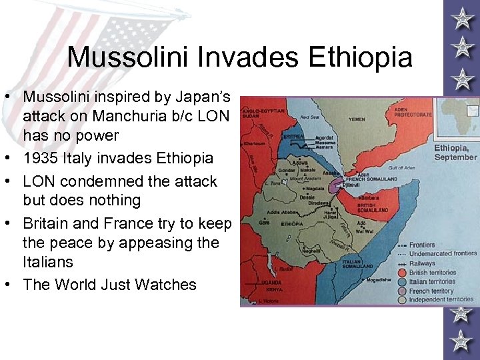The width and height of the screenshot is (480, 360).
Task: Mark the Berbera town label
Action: point(371,199)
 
